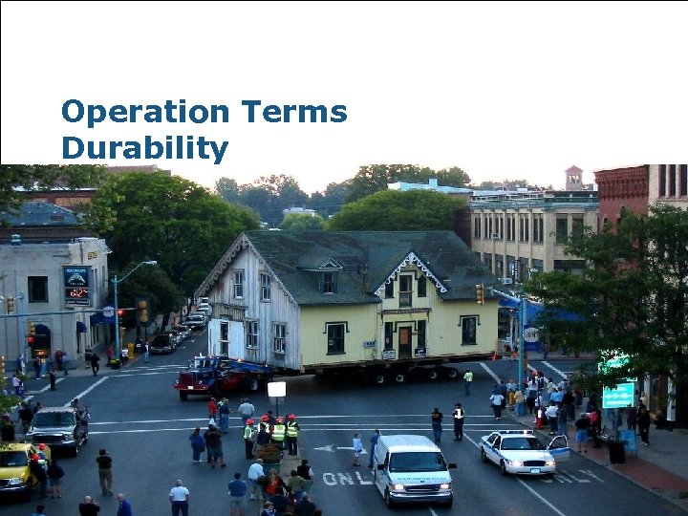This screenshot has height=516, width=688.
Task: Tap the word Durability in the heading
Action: pos(144,149)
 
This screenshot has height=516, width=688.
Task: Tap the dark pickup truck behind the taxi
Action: pos(57,428)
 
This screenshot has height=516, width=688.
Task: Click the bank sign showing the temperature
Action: pos(76,286)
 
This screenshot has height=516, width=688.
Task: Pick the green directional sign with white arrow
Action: pos(618,395)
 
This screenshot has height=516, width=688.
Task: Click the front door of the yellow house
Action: pos(405,341)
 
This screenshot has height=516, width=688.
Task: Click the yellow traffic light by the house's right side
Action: pos(479,293)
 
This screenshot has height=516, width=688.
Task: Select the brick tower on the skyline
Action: pos(573,178)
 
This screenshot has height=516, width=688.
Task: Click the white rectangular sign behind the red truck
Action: pos(277,389)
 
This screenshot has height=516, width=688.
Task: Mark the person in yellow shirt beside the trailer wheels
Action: pos(467,381)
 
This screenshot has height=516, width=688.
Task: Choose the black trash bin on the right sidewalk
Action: pos(616,451)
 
